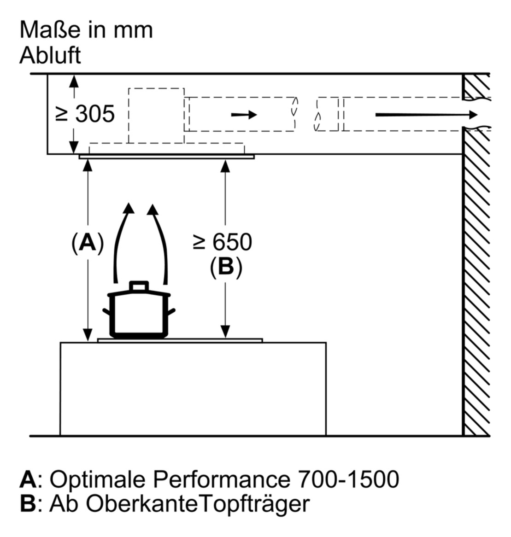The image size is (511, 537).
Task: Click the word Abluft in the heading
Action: pos(50,55)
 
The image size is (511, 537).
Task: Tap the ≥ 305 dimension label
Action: pos(85,113)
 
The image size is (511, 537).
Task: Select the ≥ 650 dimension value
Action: pos(223,242)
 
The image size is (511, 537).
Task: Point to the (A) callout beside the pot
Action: pos(87,243)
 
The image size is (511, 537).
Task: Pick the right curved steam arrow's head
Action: pos(152,210)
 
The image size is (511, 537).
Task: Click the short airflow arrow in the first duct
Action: pos(244,114)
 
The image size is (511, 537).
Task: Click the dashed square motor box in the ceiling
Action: pos(156,115)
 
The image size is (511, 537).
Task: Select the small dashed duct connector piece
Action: pos(328,114)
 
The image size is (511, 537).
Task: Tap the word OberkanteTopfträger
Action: pos(198,504)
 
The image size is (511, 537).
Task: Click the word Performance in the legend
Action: pos(220,479)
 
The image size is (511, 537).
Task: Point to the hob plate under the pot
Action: pos(180,340)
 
